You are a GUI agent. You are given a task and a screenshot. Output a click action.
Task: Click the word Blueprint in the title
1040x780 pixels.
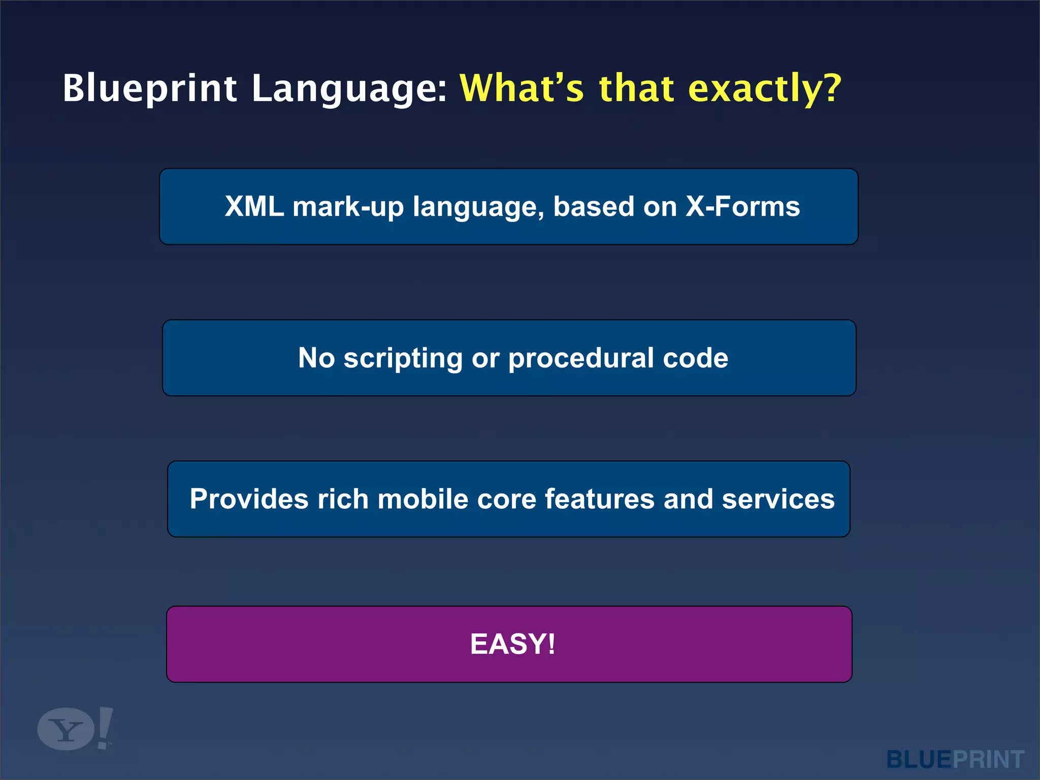[x=150, y=89]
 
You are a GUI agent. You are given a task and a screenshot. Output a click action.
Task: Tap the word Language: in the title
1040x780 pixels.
[x=349, y=89]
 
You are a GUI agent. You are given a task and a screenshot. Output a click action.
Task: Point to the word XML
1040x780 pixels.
[x=254, y=207]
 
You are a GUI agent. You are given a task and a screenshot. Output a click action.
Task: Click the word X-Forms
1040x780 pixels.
[x=742, y=207]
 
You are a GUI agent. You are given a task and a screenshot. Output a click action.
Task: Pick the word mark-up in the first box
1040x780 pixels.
[x=348, y=207]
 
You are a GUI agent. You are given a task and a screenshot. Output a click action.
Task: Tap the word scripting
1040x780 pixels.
[x=403, y=359]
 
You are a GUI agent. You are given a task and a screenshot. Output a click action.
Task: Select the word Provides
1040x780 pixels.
[x=249, y=499]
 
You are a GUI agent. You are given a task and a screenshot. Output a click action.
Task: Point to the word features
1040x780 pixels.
[x=600, y=499]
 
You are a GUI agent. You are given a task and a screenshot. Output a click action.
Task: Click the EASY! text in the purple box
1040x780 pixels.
[x=512, y=644]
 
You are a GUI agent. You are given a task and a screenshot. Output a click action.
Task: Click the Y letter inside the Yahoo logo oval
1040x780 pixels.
[x=66, y=730]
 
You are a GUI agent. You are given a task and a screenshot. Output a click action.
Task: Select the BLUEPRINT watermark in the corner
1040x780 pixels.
[x=955, y=760]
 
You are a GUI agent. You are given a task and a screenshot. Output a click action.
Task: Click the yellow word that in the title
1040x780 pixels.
[x=636, y=88]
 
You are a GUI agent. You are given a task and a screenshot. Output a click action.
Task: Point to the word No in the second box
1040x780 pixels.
[x=316, y=358]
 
